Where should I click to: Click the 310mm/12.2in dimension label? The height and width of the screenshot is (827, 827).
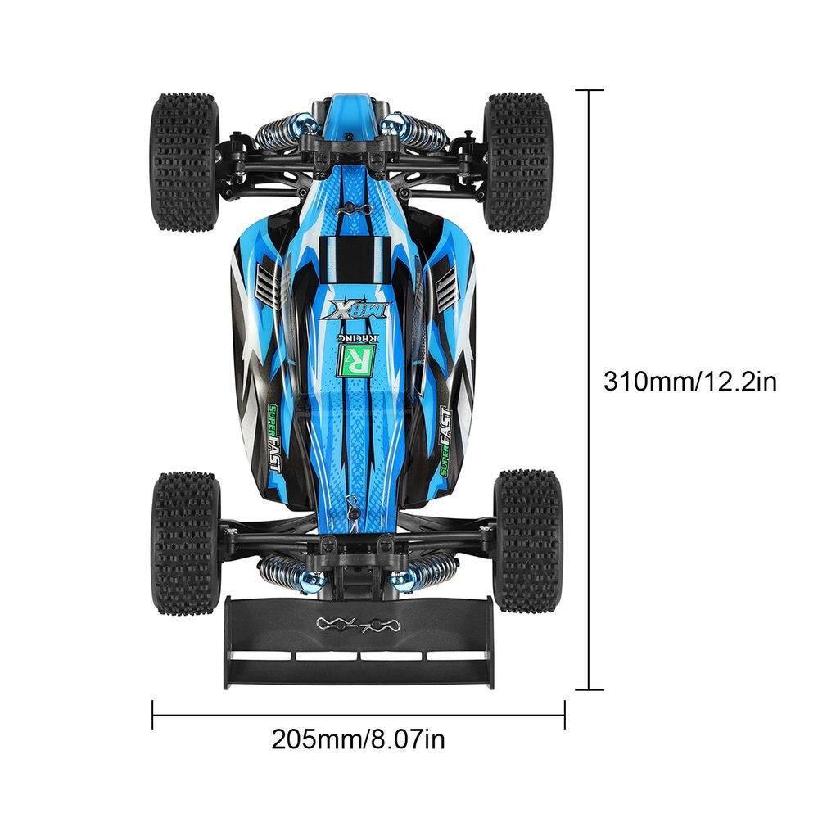[690, 382]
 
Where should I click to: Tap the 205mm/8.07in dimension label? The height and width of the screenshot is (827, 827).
[358, 739]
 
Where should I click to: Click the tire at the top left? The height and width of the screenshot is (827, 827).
[184, 162]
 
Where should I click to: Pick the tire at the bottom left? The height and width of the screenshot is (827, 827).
[185, 543]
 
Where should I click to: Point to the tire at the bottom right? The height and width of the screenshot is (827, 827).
[527, 541]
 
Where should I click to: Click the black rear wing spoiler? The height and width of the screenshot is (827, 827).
[360, 643]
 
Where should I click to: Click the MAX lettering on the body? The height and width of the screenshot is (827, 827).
[359, 310]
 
